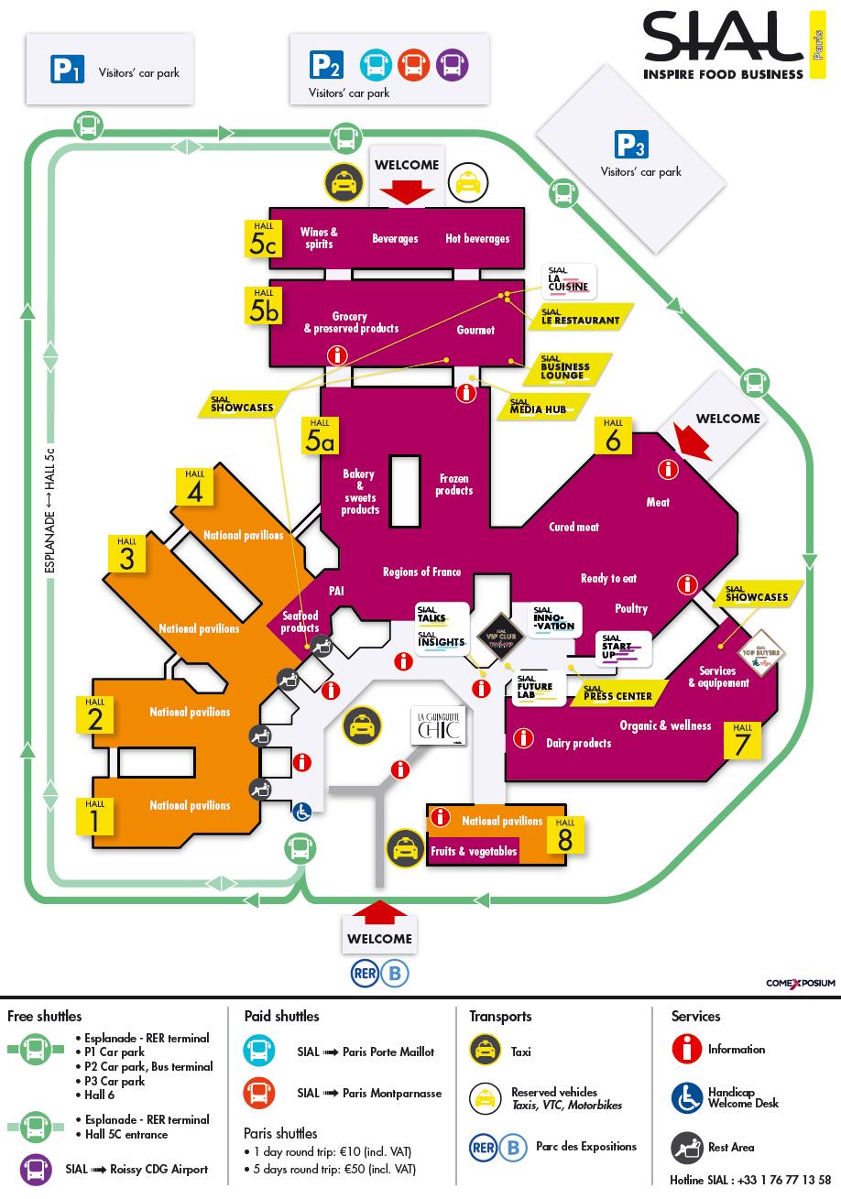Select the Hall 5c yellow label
click(x=261, y=237)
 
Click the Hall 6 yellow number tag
click(x=613, y=436)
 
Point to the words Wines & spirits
click(x=319, y=238)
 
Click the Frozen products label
click(x=454, y=485)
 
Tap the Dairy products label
click(x=578, y=743)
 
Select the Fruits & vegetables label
click(x=474, y=851)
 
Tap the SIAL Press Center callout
click(x=617, y=693)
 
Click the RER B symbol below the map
click(x=379, y=973)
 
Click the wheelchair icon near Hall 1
click(x=301, y=811)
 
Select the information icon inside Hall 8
click(x=442, y=817)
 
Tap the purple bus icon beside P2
click(x=450, y=65)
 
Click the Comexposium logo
click(x=801, y=983)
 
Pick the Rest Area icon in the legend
click(x=686, y=1147)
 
